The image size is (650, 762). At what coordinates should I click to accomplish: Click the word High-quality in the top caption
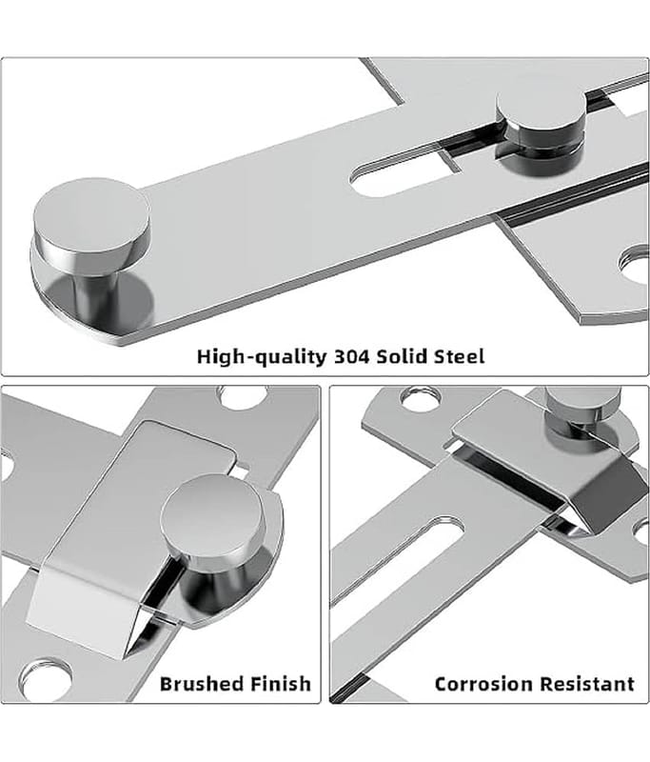(x=262, y=356)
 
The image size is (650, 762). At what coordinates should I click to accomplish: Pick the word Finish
(x=281, y=684)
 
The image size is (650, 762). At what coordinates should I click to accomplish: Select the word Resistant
(x=587, y=684)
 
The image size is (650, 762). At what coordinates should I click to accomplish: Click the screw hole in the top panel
(x=636, y=265)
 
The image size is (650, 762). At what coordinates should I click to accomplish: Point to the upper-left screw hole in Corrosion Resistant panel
(x=421, y=396)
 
